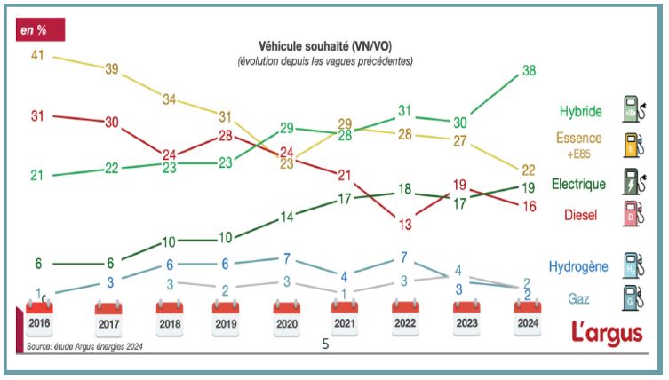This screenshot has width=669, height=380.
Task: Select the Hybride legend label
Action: tap(580, 112)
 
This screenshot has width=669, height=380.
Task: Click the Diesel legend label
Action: tap(582, 214)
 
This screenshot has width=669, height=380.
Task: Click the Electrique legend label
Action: tap(577, 185)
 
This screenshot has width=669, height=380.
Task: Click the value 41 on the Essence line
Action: tap(37, 55)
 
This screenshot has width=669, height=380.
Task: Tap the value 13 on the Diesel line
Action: tap(404, 225)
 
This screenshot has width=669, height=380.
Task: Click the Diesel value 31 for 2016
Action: tap(37, 115)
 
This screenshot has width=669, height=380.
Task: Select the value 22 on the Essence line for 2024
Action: tap(528, 170)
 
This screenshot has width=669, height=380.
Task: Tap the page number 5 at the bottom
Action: tap(325, 345)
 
